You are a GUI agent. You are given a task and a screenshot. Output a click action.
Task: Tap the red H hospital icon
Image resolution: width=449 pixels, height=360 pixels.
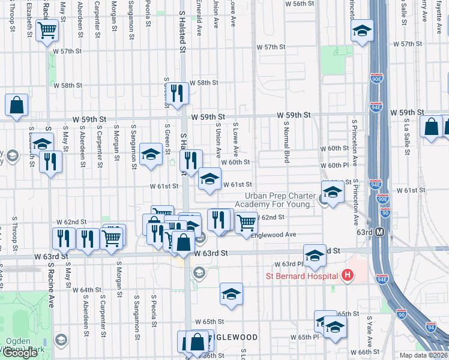point(346,276)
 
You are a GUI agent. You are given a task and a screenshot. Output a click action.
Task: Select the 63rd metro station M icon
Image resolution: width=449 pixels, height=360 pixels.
point(380,232)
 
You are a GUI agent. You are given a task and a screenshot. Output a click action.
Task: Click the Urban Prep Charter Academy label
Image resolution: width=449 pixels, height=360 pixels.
point(280,200)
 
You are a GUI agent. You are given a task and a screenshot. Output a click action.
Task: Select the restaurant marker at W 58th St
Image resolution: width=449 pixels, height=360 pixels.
point(176,93)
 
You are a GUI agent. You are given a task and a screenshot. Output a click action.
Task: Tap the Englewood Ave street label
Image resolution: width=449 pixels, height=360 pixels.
point(277,235)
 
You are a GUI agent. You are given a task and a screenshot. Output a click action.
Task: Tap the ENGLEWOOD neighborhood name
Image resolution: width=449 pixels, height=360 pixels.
point(234,338)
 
